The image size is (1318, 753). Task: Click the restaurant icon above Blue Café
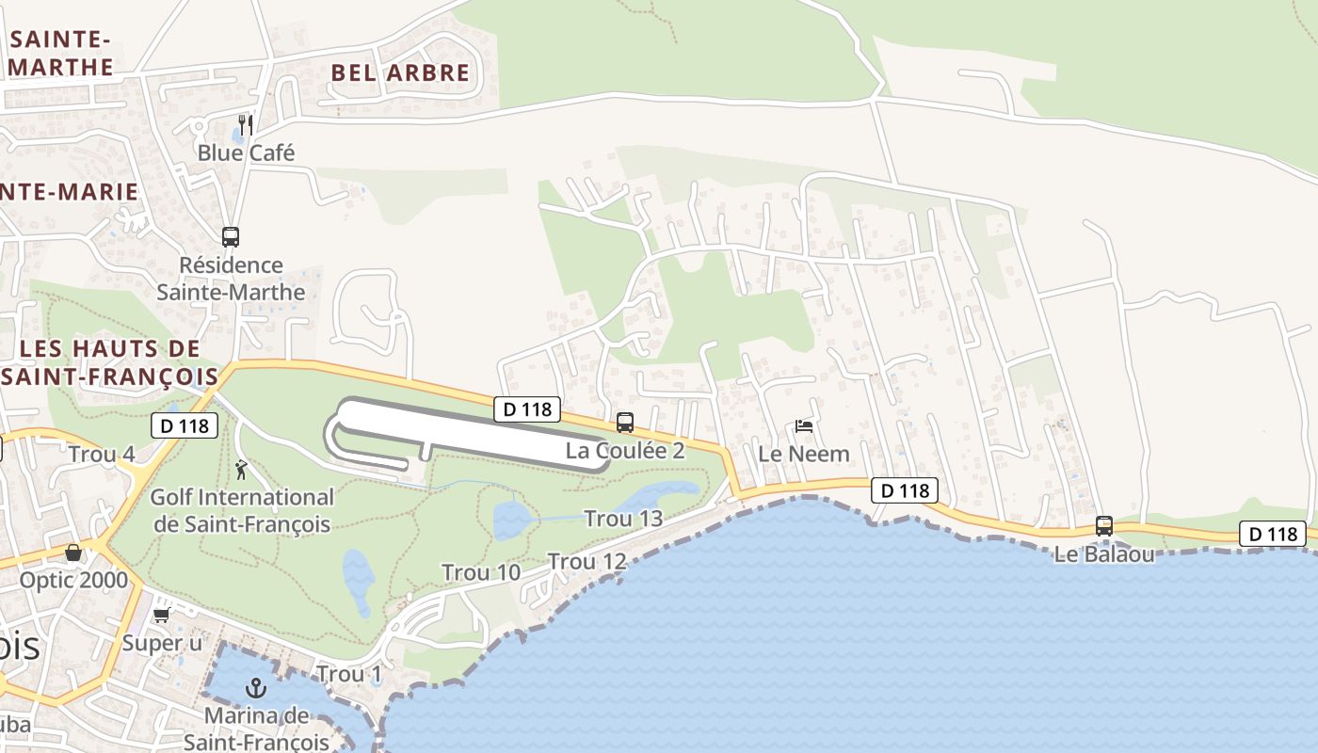[245, 124]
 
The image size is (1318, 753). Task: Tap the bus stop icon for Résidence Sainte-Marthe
[231, 236]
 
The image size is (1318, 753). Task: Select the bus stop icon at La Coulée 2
[625, 423]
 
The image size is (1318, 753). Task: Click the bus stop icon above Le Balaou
[1104, 526]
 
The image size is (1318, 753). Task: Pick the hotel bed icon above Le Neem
[804, 426]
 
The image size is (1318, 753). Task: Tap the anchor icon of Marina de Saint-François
[255, 688]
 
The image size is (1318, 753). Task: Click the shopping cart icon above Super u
[162, 615]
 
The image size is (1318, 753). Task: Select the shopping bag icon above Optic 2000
[73, 553]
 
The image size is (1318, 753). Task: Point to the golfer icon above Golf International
[242, 469]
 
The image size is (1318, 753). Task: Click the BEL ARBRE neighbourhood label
[400, 73]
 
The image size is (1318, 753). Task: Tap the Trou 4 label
[102, 455]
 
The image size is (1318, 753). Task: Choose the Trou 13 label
[623, 519]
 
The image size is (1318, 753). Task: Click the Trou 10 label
[481, 572]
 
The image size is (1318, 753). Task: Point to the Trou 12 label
[587, 562]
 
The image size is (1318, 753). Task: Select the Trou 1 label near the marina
[349, 674]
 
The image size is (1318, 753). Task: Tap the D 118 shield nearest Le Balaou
[1273, 534]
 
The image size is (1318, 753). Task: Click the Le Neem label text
[804, 454]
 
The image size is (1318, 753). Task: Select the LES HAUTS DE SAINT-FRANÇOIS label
[108, 362]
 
